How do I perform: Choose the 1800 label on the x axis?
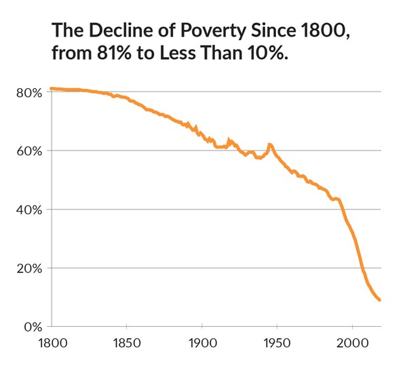point(52,344)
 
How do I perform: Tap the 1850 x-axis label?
point(127,344)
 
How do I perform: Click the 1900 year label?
point(202,344)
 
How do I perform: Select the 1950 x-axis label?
point(277,344)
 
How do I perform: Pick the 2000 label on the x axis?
point(352,344)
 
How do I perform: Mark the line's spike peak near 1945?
point(269,144)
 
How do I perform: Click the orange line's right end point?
point(380,300)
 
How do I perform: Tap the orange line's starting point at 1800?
point(52,88)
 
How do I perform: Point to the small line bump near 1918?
point(229,140)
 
